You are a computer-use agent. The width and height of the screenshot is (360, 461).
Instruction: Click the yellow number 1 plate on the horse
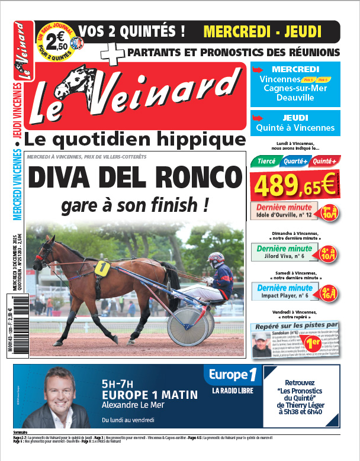point(102,267)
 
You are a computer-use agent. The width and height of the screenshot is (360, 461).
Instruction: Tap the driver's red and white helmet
point(216,259)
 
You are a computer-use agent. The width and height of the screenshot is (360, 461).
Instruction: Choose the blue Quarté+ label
point(295,161)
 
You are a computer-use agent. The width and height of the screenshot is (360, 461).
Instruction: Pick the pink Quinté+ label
point(324,161)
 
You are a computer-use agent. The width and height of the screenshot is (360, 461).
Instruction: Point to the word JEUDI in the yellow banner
point(300,31)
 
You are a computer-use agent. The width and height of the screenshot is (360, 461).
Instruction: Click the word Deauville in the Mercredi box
point(295,98)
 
